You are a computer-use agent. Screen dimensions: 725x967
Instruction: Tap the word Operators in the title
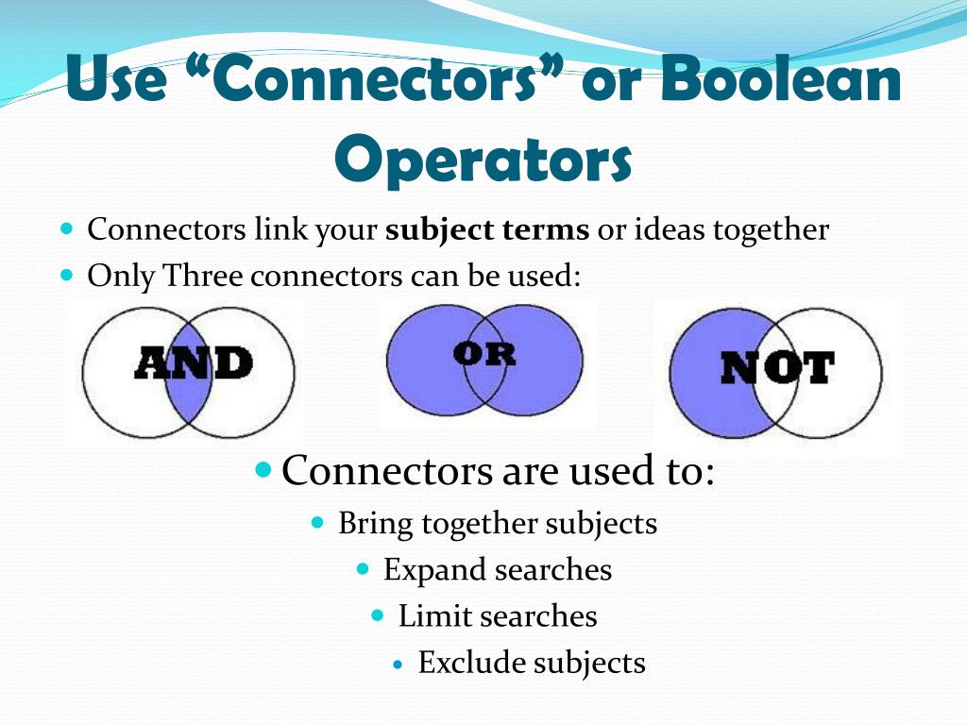tap(483, 161)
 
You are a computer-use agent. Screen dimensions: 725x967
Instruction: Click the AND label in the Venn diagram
tap(194, 363)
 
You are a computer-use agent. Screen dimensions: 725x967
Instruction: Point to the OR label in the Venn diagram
tap(484, 353)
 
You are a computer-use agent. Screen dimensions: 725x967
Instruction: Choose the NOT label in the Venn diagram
tap(777, 368)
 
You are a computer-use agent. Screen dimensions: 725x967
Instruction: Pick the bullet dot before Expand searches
tap(364, 569)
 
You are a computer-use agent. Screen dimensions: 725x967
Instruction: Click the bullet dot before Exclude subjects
tap(398, 665)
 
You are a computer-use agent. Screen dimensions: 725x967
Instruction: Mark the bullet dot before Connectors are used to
tap(264, 468)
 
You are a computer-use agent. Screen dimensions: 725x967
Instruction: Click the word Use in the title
tap(117, 80)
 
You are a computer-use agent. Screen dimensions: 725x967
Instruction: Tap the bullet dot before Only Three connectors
tap(66, 277)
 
